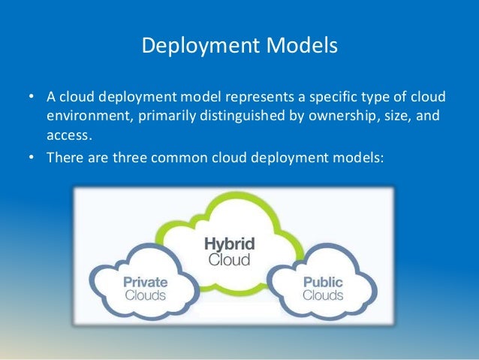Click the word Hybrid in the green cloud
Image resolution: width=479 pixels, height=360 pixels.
230,244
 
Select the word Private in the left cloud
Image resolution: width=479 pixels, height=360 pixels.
145,283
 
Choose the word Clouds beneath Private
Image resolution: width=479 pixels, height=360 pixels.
145,295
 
